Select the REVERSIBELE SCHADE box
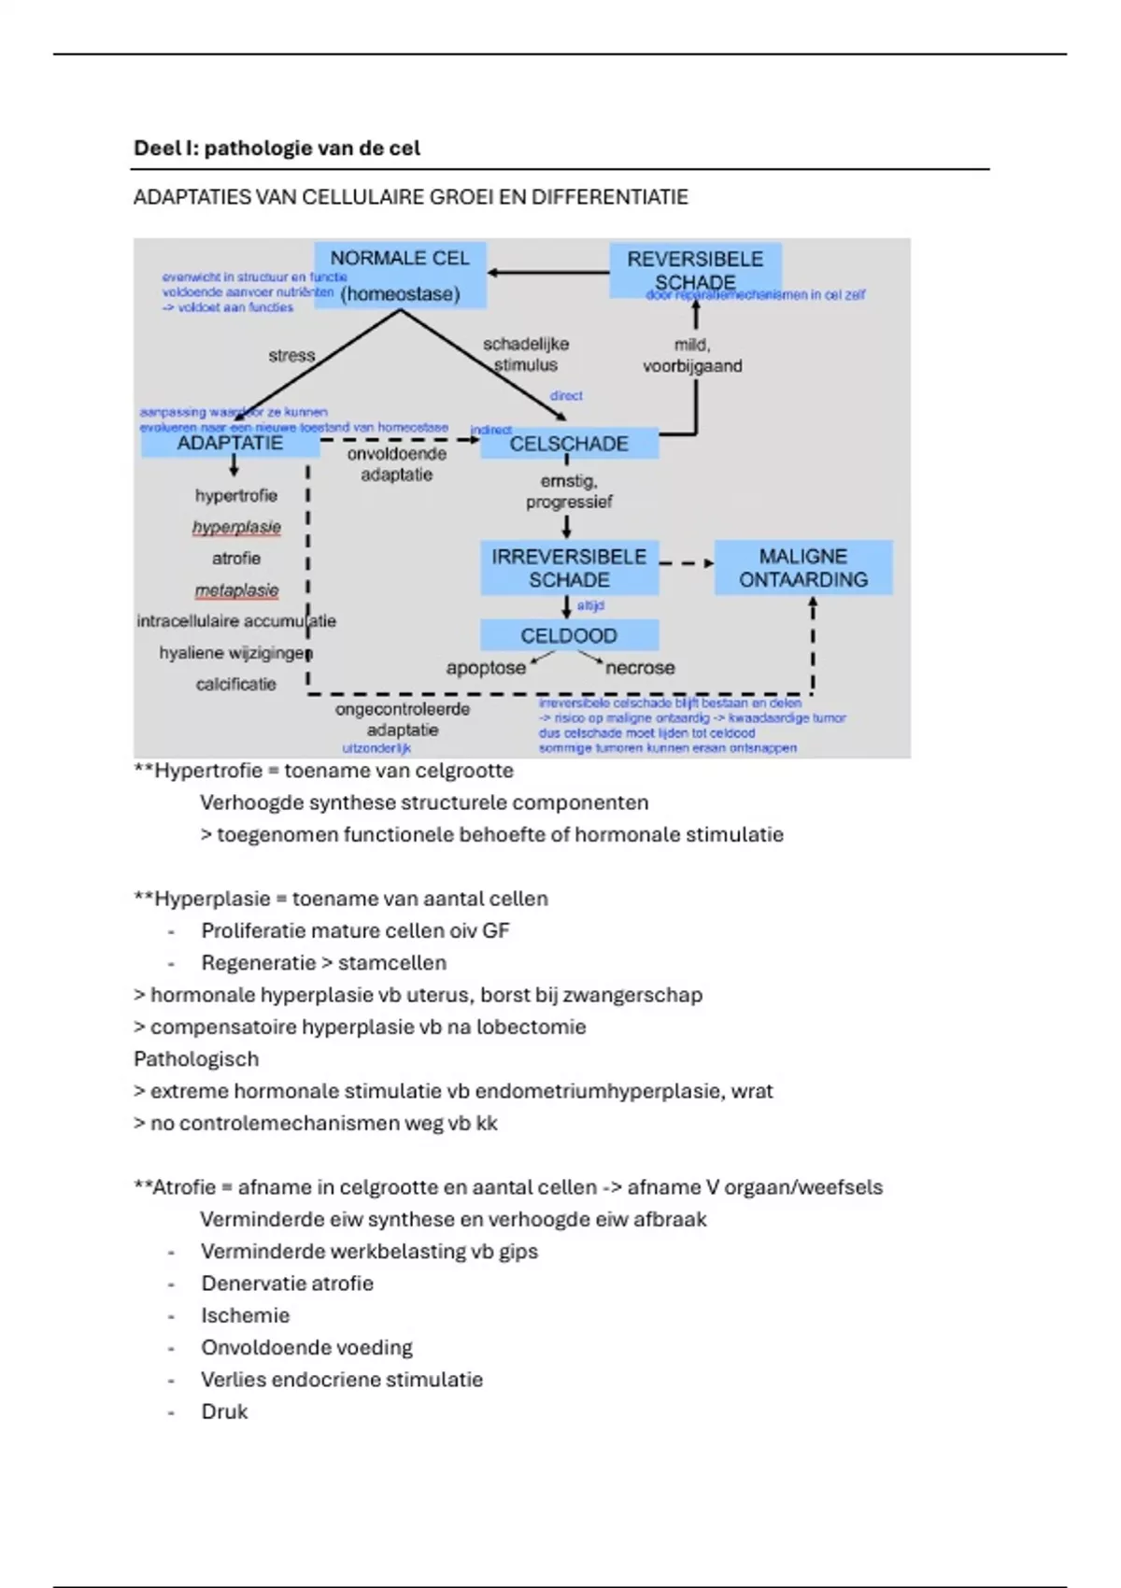coord(695,270)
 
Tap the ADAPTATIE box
coord(230,444)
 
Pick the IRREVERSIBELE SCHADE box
coord(569,568)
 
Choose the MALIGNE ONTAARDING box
coord(803,568)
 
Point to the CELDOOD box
coord(569,636)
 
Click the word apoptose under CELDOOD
coord(486,668)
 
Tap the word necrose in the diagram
coord(640,668)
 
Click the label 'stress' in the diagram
coord(291,356)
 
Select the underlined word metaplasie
coord(236,590)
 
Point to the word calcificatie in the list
coord(236,685)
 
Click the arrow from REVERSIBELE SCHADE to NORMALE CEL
coord(547,273)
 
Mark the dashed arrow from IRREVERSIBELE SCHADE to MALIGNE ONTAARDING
coord(687,563)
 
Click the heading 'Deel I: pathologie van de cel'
coord(277,149)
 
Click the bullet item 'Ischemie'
coord(246,1315)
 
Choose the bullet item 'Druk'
coord(224,1411)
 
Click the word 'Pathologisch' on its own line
coord(196,1059)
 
